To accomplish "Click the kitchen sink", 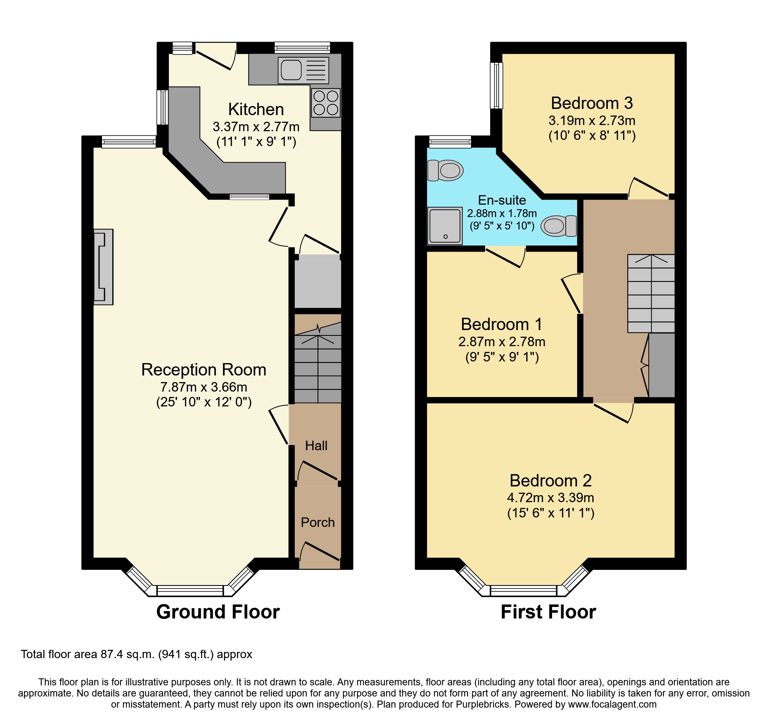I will pos(303,70).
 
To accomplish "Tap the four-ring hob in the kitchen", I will pos(326,103).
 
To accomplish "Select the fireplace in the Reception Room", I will pos(103,267).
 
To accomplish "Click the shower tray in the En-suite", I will pos(445,226).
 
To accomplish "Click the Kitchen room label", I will pos(256,109).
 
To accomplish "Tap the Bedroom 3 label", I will pos(592,103).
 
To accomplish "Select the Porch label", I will pos(318,522).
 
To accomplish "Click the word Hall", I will pos(316,446).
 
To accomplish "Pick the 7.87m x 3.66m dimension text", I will pos(204,387).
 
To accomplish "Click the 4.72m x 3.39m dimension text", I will pos(550,498).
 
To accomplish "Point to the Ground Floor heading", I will pos(218,612).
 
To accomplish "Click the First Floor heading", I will pos(548,612).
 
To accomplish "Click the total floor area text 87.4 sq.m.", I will pos(136,654).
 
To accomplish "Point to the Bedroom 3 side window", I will pos(497,85).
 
